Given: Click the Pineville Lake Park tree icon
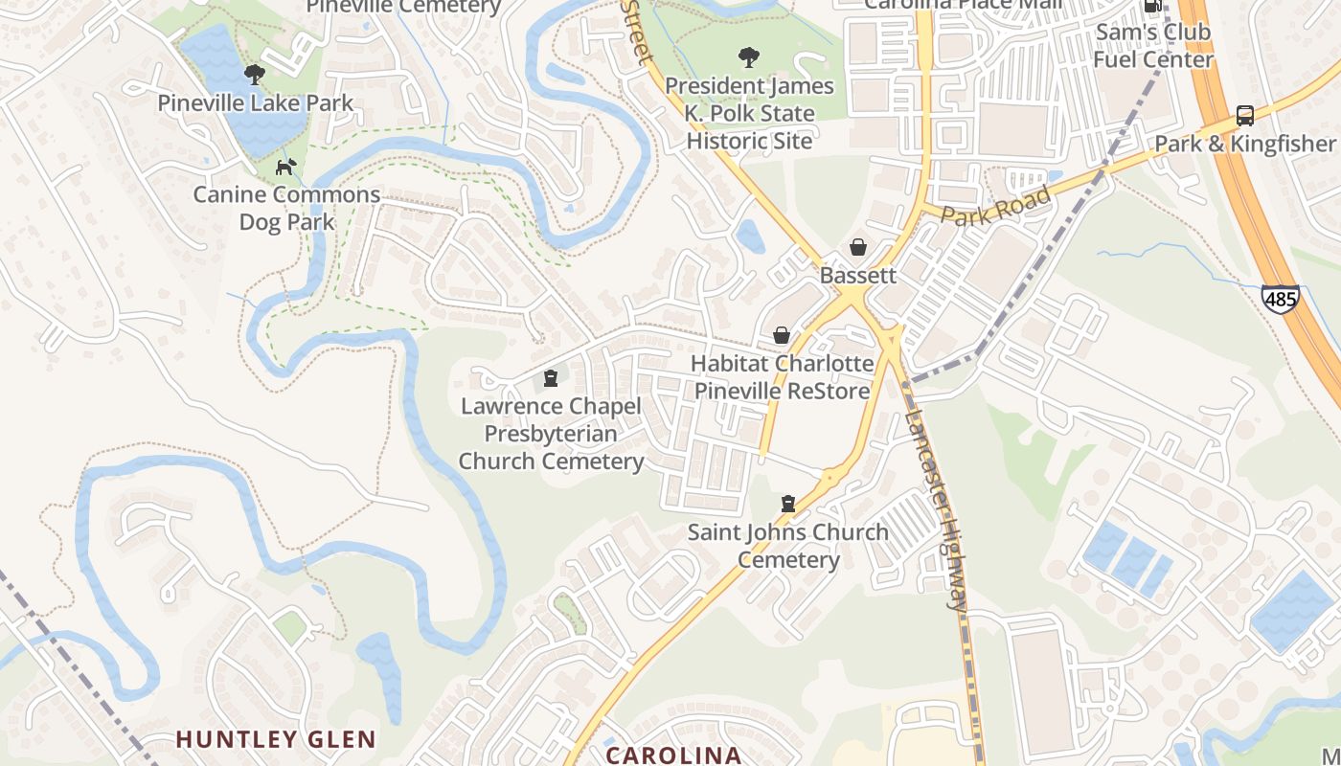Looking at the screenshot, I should point(254,74).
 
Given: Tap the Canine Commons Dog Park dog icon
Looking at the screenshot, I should point(285,167).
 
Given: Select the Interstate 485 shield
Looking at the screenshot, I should point(1280,298).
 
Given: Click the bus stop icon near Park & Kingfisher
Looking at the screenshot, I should point(1244,116).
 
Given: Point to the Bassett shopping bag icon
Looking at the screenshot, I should point(858,247).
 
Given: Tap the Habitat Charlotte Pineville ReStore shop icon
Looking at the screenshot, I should point(782,335).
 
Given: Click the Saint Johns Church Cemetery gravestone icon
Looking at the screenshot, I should point(787,504).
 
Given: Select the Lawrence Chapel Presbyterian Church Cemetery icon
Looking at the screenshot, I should point(550,378).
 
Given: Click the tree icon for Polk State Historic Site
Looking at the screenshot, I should point(748,57).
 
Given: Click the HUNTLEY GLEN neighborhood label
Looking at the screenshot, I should point(276,739).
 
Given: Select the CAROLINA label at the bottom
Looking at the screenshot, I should point(673,755).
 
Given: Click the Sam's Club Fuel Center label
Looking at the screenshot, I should point(1153,46).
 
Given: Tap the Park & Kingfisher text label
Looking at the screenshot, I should point(1244,145).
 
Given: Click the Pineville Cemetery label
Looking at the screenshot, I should point(403,8).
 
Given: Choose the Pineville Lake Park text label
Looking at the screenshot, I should point(256,103).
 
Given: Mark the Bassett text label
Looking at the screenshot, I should point(858,276).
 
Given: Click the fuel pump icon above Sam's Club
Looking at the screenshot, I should point(1153,6).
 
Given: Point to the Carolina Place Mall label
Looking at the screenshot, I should point(963,5).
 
